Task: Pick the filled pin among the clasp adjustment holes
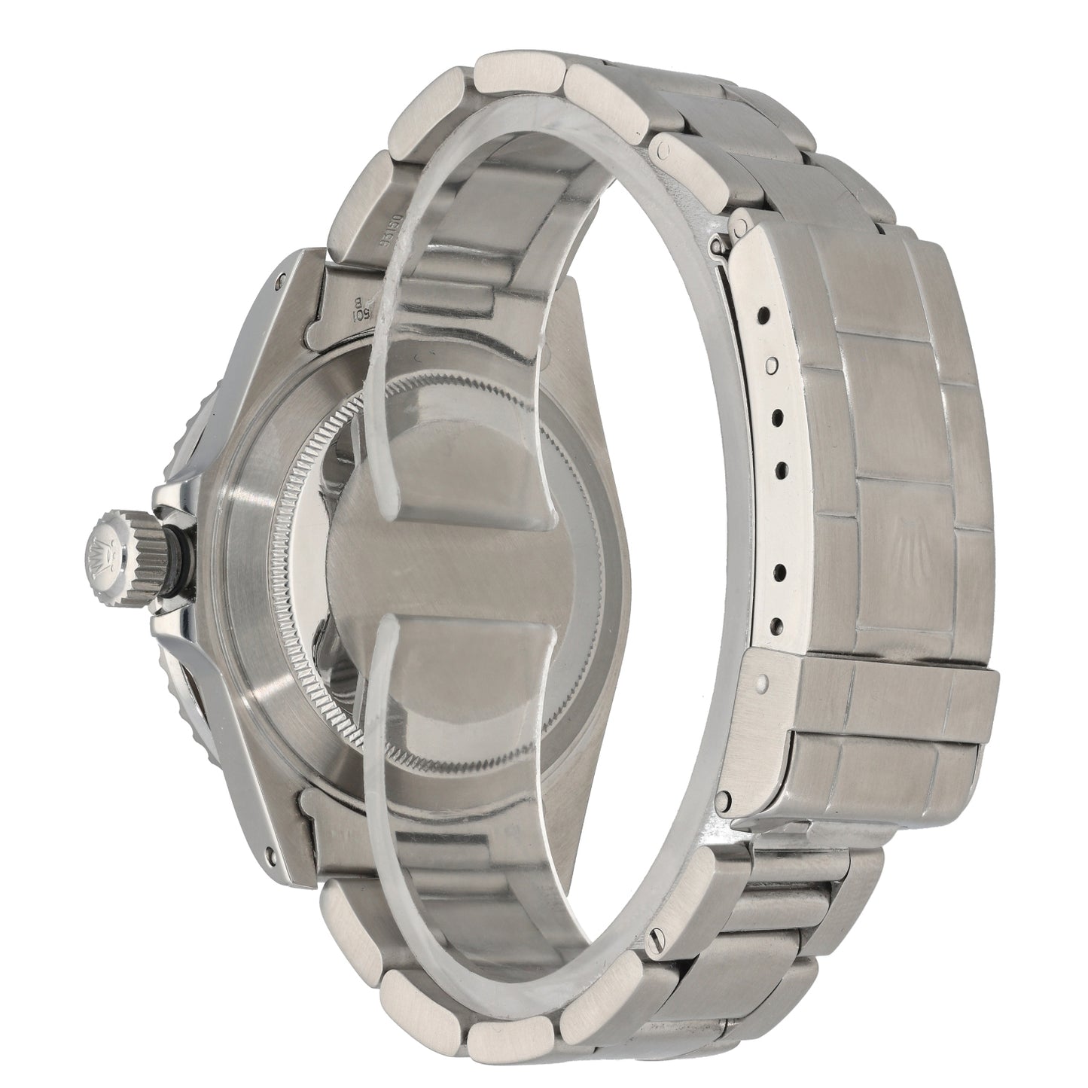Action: (770, 364)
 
